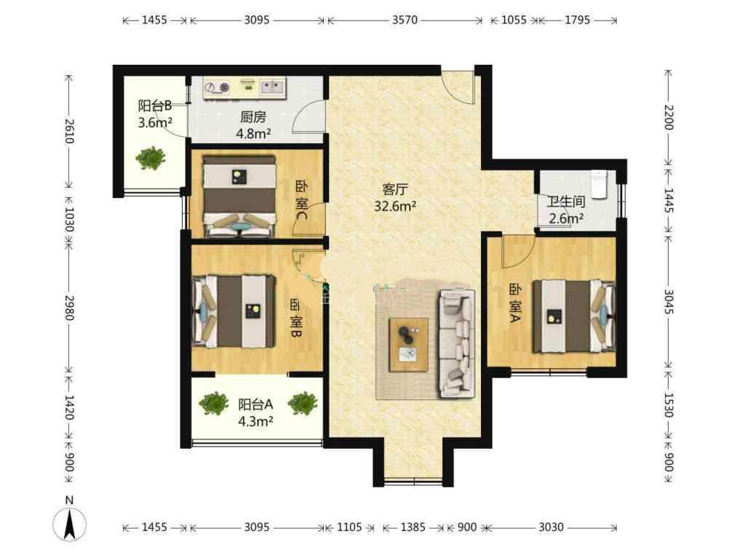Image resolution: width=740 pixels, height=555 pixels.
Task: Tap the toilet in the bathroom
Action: (599, 185)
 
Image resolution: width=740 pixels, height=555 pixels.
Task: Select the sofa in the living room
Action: (456, 344)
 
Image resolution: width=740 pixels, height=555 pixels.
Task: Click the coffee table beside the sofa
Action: (409, 345)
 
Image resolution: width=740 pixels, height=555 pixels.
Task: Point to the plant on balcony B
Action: (151, 158)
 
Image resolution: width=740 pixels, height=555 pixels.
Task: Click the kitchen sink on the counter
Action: (272, 87)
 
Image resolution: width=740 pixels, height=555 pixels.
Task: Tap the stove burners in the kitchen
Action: (217, 87)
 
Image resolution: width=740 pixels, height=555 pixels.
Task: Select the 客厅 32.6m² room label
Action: (395, 198)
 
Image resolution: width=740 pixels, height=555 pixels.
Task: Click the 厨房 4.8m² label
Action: (253, 125)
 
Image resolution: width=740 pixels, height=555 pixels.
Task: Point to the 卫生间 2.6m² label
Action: (566, 210)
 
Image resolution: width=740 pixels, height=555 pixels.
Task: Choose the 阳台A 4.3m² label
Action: (256, 412)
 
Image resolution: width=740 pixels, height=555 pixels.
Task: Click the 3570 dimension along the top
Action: (405, 20)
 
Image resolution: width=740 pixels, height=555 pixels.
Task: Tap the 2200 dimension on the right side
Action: (669, 118)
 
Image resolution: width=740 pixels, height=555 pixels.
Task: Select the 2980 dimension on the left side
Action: (69, 308)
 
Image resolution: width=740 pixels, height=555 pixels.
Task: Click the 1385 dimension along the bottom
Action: (413, 527)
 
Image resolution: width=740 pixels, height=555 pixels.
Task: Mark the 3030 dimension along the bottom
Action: (551, 527)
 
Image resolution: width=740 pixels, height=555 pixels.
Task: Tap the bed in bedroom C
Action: (239, 196)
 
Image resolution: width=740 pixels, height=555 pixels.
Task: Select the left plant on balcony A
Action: (214, 404)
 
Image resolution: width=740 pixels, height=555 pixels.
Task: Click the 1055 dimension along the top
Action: (514, 20)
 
